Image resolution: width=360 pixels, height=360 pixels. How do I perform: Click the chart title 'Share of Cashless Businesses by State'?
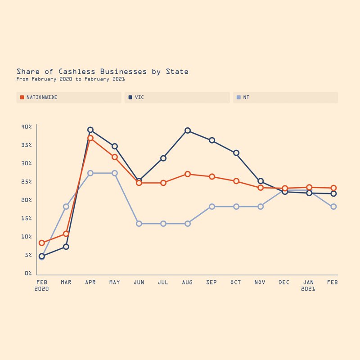[102, 72]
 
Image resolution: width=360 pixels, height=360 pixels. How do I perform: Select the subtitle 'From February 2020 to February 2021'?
[70, 79]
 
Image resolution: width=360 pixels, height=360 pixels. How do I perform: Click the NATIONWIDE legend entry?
[41, 97]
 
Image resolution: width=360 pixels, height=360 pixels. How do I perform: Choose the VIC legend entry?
[139, 97]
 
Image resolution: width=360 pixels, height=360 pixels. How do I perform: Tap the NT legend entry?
[246, 97]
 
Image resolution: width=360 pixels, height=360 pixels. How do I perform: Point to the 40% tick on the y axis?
[27, 127]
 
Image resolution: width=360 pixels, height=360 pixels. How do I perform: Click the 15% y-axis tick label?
[27, 218]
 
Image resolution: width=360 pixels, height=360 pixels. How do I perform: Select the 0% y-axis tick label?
[28, 273]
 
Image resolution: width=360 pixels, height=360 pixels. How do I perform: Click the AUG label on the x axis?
[187, 282]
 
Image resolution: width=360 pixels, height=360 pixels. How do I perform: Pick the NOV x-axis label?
[260, 282]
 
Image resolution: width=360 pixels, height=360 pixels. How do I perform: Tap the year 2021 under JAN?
[308, 289]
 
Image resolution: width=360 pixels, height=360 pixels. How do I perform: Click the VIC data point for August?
[188, 130]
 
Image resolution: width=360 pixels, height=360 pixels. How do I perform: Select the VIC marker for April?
[90, 130]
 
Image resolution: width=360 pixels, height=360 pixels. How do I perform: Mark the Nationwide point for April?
[90, 138]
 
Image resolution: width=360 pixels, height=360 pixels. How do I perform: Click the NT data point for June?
[139, 224]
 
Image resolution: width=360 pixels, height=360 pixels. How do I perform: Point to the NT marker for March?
[66, 207]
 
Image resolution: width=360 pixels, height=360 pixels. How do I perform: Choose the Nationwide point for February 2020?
[42, 243]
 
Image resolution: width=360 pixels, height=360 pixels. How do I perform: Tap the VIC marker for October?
[236, 153]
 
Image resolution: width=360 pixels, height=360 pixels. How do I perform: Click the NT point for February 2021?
[333, 207]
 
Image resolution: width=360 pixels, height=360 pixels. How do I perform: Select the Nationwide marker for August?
[188, 174]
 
